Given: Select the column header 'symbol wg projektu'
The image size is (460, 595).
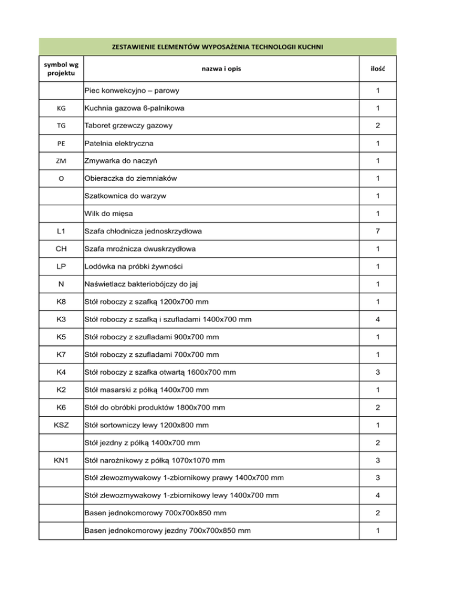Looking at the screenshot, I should click(61, 69).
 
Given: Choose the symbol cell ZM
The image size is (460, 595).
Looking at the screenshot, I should click(61, 162).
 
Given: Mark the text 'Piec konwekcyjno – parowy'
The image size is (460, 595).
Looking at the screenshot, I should click(133, 92).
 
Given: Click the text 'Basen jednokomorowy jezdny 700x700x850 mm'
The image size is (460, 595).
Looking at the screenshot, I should click(168, 531).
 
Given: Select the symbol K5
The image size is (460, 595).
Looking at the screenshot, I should click(61, 337).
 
